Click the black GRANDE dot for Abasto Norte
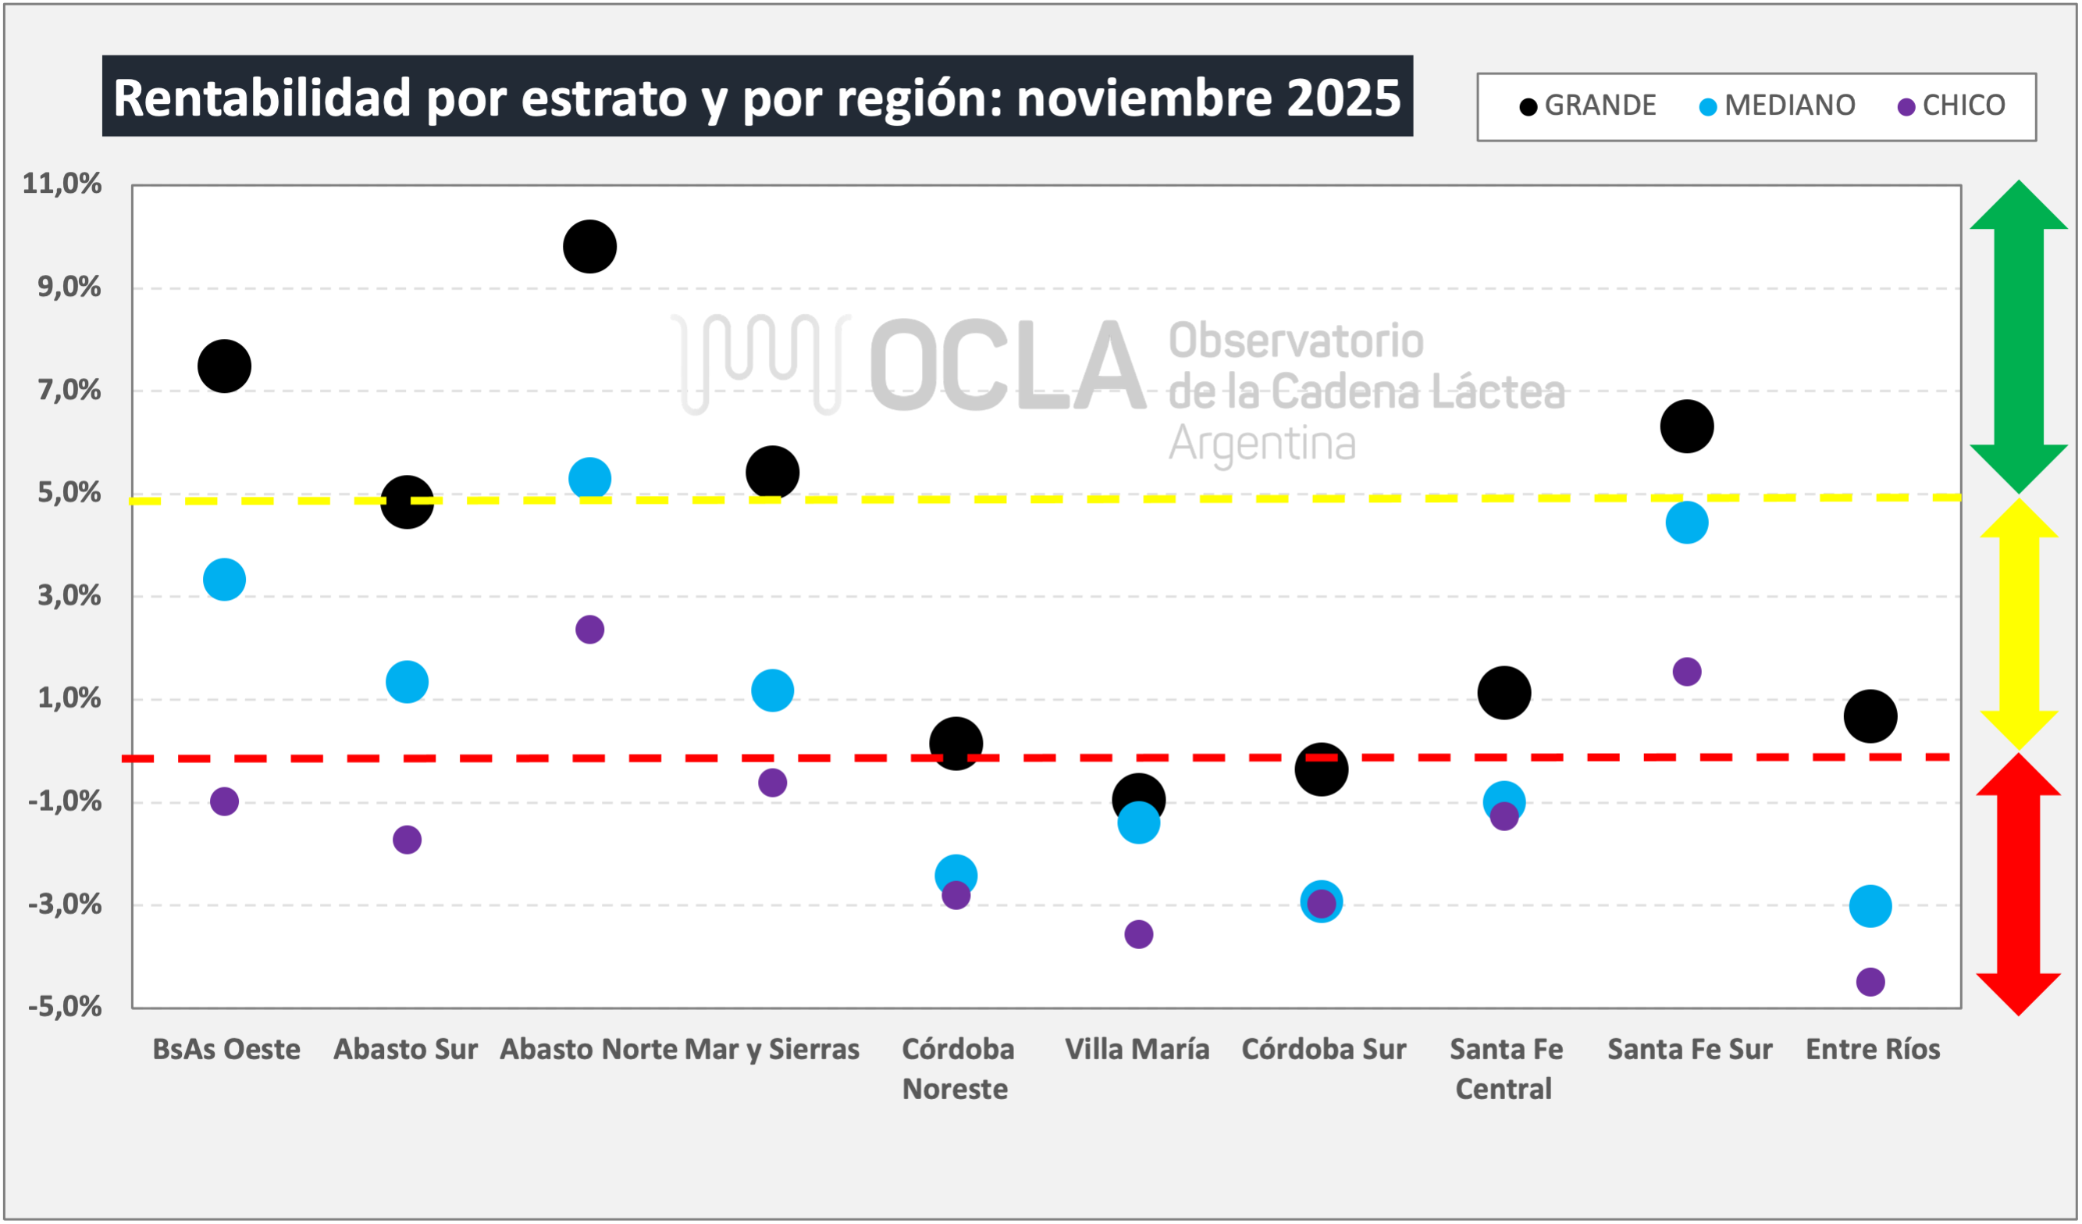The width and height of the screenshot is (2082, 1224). click(589, 246)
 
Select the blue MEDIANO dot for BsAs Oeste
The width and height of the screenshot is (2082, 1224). click(224, 580)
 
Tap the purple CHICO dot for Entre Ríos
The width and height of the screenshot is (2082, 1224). click(1870, 982)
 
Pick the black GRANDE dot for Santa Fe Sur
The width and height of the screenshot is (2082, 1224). click(1686, 426)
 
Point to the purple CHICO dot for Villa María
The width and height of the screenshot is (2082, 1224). click(1138, 935)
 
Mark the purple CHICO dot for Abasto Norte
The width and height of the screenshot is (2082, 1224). click(589, 630)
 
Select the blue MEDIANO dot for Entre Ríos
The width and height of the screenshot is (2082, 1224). click(1870, 907)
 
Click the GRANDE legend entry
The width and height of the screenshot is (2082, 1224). click(1587, 105)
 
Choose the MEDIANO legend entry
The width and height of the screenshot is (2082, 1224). click(1776, 105)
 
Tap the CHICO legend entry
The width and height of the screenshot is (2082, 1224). click(1952, 105)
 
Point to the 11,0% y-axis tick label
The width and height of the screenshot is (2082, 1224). click(62, 184)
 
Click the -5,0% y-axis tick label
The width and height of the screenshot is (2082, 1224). click(65, 1007)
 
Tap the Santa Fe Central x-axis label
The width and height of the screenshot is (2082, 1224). click(1505, 1069)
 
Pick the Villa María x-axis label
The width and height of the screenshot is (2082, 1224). click(1137, 1050)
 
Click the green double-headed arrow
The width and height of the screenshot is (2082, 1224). click(2019, 337)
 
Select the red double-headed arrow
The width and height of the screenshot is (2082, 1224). click(2019, 884)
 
